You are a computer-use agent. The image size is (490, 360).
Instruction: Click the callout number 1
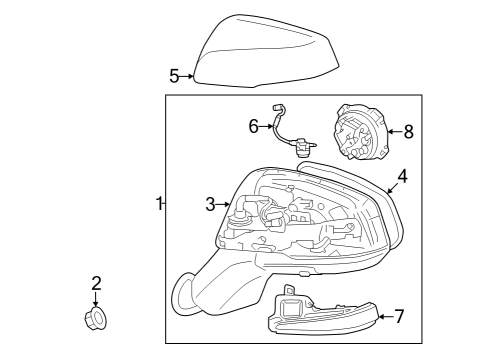click(x=158, y=204)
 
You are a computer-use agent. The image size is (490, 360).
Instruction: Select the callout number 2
click(x=96, y=283)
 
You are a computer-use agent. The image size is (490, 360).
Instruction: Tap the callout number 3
click(x=211, y=204)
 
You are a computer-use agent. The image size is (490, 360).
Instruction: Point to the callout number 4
click(x=402, y=176)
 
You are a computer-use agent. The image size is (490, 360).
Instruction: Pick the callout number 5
click(x=174, y=75)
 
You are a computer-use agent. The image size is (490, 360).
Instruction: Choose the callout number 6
click(x=254, y=125)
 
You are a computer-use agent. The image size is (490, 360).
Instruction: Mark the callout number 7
click(x=399, y=317)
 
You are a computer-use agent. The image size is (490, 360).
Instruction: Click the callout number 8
click(x=408, y=130)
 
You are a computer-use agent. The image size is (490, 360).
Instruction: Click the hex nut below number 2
click(x=96, y=319)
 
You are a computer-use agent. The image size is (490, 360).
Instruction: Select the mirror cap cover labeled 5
click(x=264, y=50)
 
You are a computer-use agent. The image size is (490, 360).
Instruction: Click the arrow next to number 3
click(x=225, y=204)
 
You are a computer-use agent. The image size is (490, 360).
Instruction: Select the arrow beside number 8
click(x=392, y=130)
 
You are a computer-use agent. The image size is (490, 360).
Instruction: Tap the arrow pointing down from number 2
click(x=96, y=300)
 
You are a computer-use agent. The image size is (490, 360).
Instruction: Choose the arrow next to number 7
click(x=383, y=317)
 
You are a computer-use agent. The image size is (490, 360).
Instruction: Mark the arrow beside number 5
click(x=187, y=76)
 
